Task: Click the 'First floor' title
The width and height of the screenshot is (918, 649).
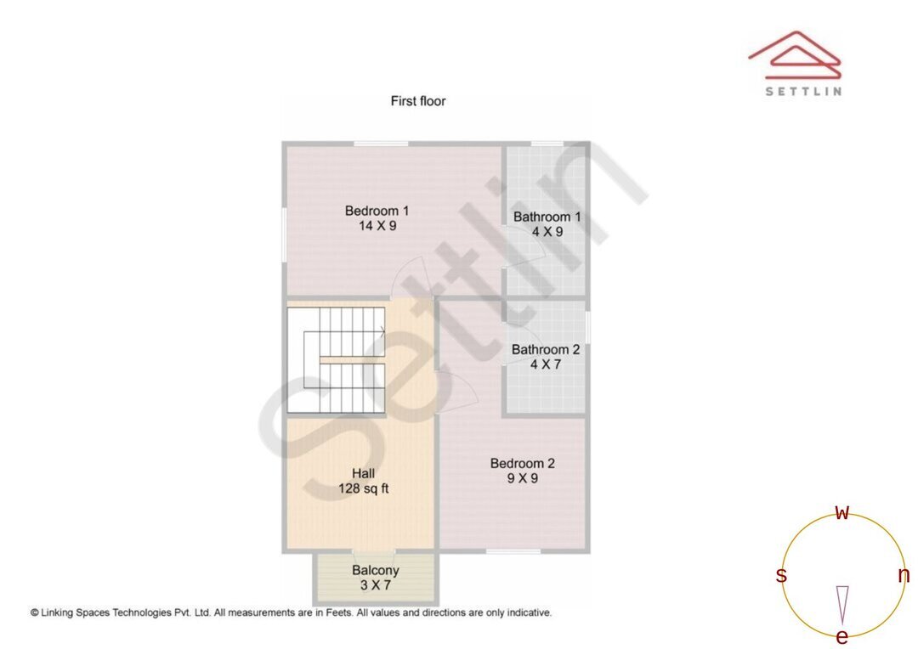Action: pyautogui.click(x=417, y=101)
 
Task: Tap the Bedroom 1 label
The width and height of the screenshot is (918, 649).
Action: pyautogui.click(x=377, y=211)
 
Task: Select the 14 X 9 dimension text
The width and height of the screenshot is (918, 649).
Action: pyautogui.click(x=377, y=226)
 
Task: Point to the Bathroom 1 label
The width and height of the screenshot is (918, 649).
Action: pyautogui.click(x=547, y=217)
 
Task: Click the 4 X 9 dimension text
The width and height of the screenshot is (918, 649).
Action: pyautogui.click(x=547, y=231)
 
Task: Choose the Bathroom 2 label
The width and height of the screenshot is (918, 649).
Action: pyautogui.click(x=546, y=349)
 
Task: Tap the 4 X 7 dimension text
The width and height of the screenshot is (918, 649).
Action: pyautogui.click(x=546, y=364)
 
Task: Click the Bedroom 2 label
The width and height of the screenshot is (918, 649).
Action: pyautogui.click(x=522, y=463)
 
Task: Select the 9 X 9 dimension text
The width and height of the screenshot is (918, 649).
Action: pyautogui.click(x=522, y=478)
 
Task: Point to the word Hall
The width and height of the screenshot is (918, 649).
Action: pyautogui.click(x=364, y=473)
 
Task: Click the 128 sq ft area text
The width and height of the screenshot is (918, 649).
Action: pyautogui.click(x=364, y=488)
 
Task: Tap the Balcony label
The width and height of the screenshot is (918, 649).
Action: pyautogui.click(x=376, y=571)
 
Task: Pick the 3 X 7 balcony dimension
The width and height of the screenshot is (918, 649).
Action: pyautogui.click(x=376, y=585)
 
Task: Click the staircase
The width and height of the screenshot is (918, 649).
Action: pyautogui.click(x=337, y=360)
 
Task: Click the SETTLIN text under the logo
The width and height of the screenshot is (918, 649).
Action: pyautogui.click(x=803, y=91)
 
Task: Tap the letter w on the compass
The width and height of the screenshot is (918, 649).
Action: pyautogui.click(x=842, y=512)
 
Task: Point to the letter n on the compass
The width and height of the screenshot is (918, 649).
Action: pyautogui.click(x=904, y=576)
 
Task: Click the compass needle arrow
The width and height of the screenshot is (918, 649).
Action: pyautogui.click(x=842, y=604)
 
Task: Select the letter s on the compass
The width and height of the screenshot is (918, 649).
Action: pyautogui.click(x=781, y=576)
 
